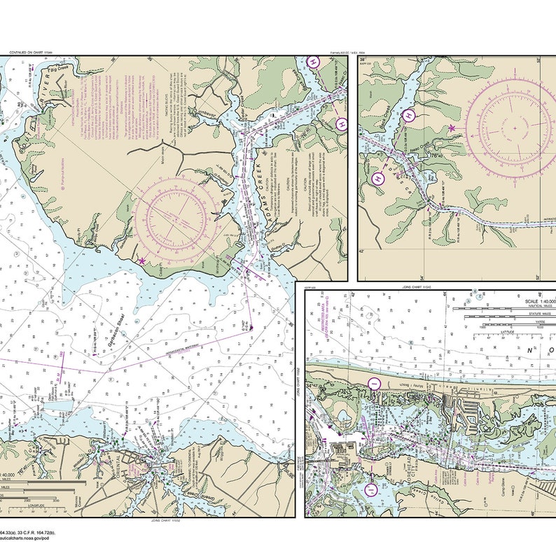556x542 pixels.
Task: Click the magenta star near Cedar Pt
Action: (x=142, y=260)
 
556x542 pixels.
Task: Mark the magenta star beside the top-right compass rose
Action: (x=452, y=128)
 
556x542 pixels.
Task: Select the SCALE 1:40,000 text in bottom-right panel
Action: (x=538, y=302)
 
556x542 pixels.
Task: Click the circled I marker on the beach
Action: (x=374, y=383)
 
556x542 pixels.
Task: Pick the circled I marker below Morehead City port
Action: (x=371, y=487)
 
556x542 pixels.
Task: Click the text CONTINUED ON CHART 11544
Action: (x=31, y=53)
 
